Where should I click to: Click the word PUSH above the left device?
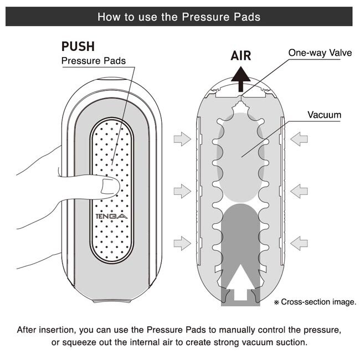tap(78, 46)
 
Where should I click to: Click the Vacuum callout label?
tap(324, 115)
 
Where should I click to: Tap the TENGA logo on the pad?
tap(111, 217)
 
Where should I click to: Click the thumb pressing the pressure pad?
tap(108, 187)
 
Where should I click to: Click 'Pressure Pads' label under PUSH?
tap(94, 60)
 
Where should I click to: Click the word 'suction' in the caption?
tap(291, 342)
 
